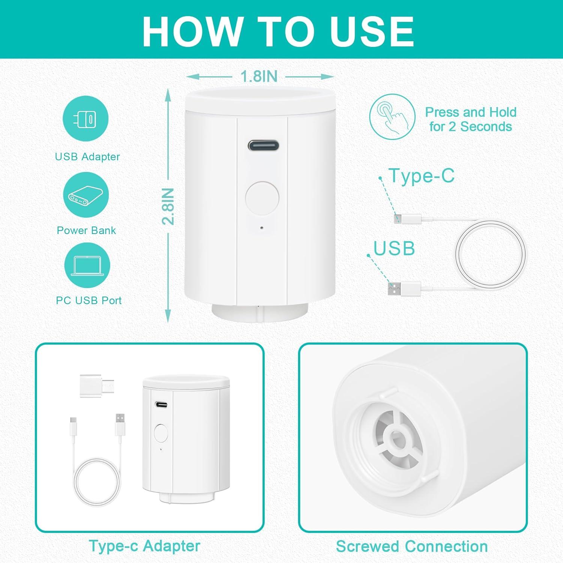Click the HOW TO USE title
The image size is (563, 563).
click(278, 31)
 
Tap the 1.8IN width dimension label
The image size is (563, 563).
click(259, 76)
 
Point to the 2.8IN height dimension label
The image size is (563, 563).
click(168, 206)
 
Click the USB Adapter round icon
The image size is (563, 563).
click(86, 118)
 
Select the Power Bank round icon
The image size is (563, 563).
click(86, 195)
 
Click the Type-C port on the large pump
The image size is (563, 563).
click(263, 145)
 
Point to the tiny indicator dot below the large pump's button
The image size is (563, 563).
click(262, 228)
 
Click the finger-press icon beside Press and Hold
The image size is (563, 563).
click(392, 117)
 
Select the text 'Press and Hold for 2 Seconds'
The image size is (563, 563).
click(471, 119)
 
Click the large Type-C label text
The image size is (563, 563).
click(421, 176)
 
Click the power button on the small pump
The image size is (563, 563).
click(161, 434)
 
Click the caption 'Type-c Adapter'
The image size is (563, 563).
click(145, 546)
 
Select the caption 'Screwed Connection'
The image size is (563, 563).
click(412, 546)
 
